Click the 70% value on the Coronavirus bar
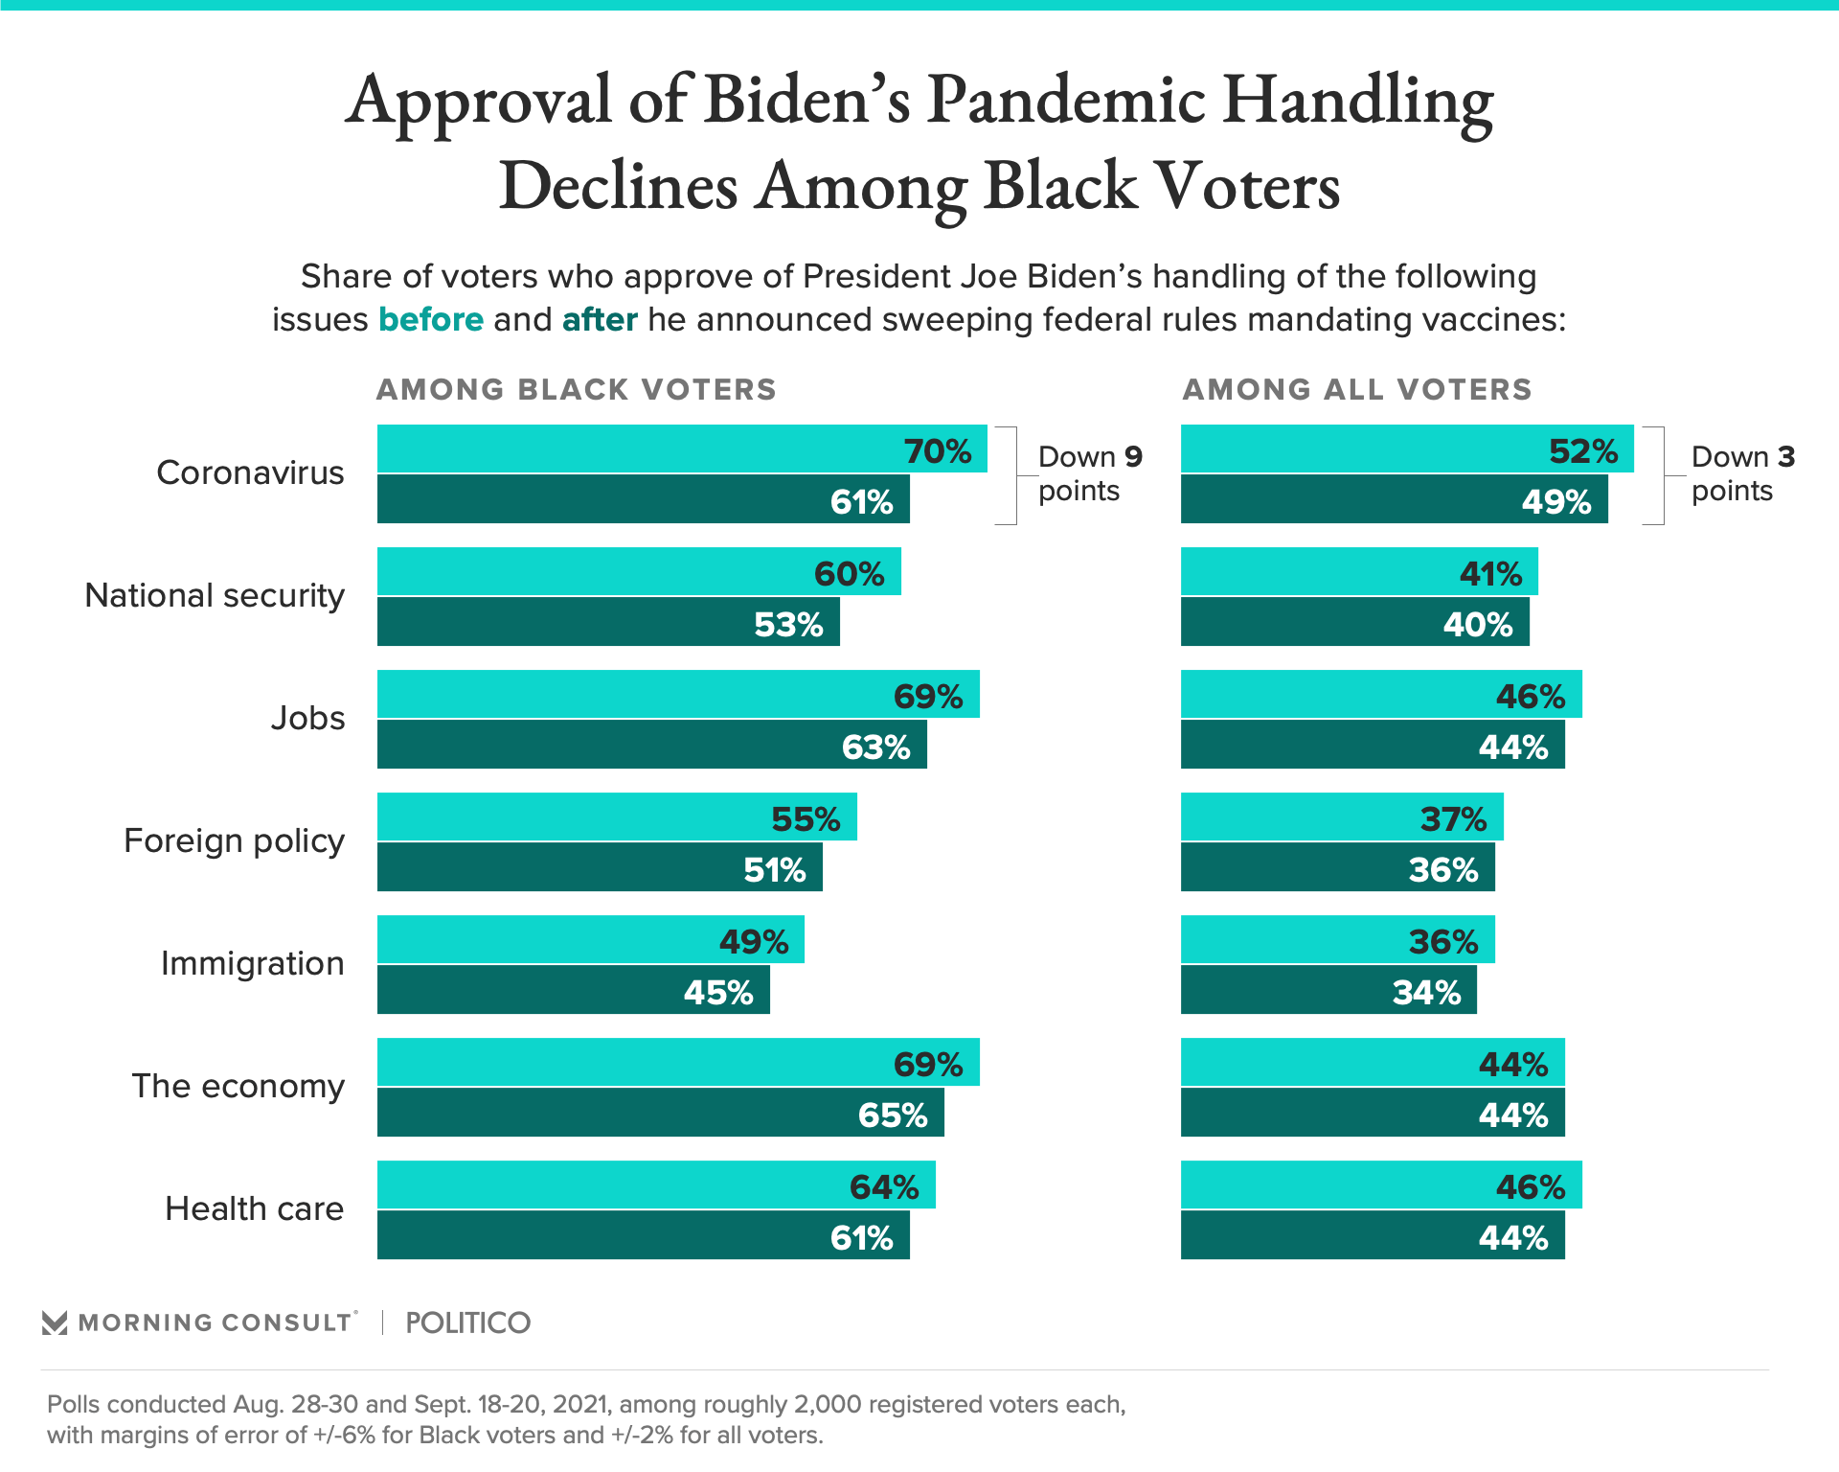point(938,451)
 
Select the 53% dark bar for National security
point(608,622)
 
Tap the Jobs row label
point(307,718)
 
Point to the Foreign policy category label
point(234,840)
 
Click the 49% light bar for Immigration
point(590,940)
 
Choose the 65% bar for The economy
point(660,1113)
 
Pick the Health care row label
point(254,1208)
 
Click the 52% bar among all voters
point(1406,449)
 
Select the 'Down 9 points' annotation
point(1089,473)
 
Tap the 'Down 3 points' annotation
point(1741,473)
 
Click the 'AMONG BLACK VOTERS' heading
point(576,390)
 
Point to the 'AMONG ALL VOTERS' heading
point(1357,390)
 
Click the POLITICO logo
point(467,1322)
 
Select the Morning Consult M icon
point(55,1323)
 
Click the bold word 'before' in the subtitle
point(431,319)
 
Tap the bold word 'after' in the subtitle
point(600,319)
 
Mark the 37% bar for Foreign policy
point(1341,817)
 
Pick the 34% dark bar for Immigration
point(1328,990)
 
